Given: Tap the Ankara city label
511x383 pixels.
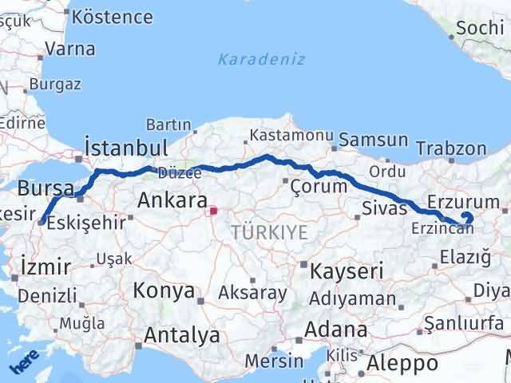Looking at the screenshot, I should click(x=172, y=200).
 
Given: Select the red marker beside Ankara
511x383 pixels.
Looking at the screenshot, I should click(x=213, y=212).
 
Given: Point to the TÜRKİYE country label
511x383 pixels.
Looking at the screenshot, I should click(x=268, y=232).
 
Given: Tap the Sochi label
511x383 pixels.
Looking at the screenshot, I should click(x=479, y=30).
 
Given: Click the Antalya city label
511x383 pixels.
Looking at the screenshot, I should click(x=181, y=336).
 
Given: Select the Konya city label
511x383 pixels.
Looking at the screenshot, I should click(x=164, y=290).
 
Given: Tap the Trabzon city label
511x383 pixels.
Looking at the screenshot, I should click(x=452, y=148).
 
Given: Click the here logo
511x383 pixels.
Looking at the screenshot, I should click(x=24, y=363).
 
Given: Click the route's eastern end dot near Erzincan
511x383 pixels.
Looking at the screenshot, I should click(x=468, y=218).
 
